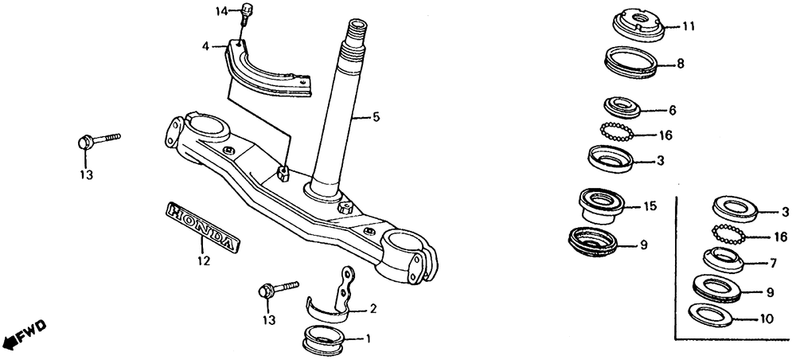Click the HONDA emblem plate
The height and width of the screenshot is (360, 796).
pos(201,228)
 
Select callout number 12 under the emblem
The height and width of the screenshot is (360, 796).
pos(203,260)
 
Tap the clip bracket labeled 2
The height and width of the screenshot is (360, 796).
pos(334,299)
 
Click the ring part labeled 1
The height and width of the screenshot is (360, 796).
pos(324,340)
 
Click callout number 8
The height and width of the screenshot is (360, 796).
pos(681,64)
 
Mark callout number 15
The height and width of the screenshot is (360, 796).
pos(650,206)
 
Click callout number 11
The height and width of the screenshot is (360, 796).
pos(689,26)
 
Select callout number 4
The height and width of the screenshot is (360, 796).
pos(205,47)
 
